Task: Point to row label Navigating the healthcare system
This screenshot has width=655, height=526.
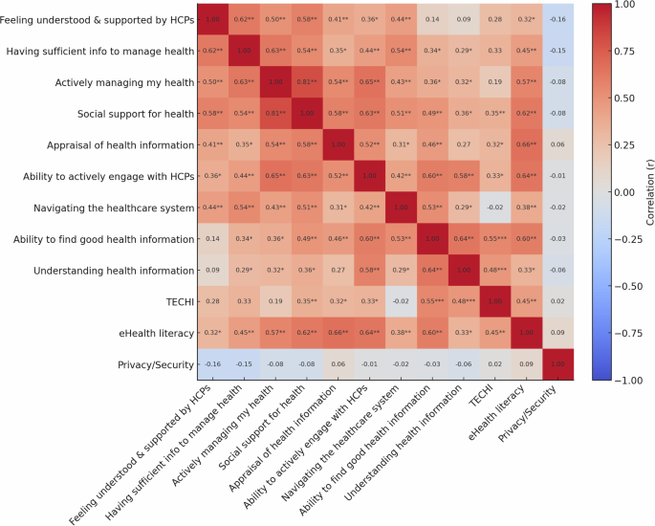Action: click(x=108, y=207)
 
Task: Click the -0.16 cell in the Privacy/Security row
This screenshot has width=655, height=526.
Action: click(x=211, y=363)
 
